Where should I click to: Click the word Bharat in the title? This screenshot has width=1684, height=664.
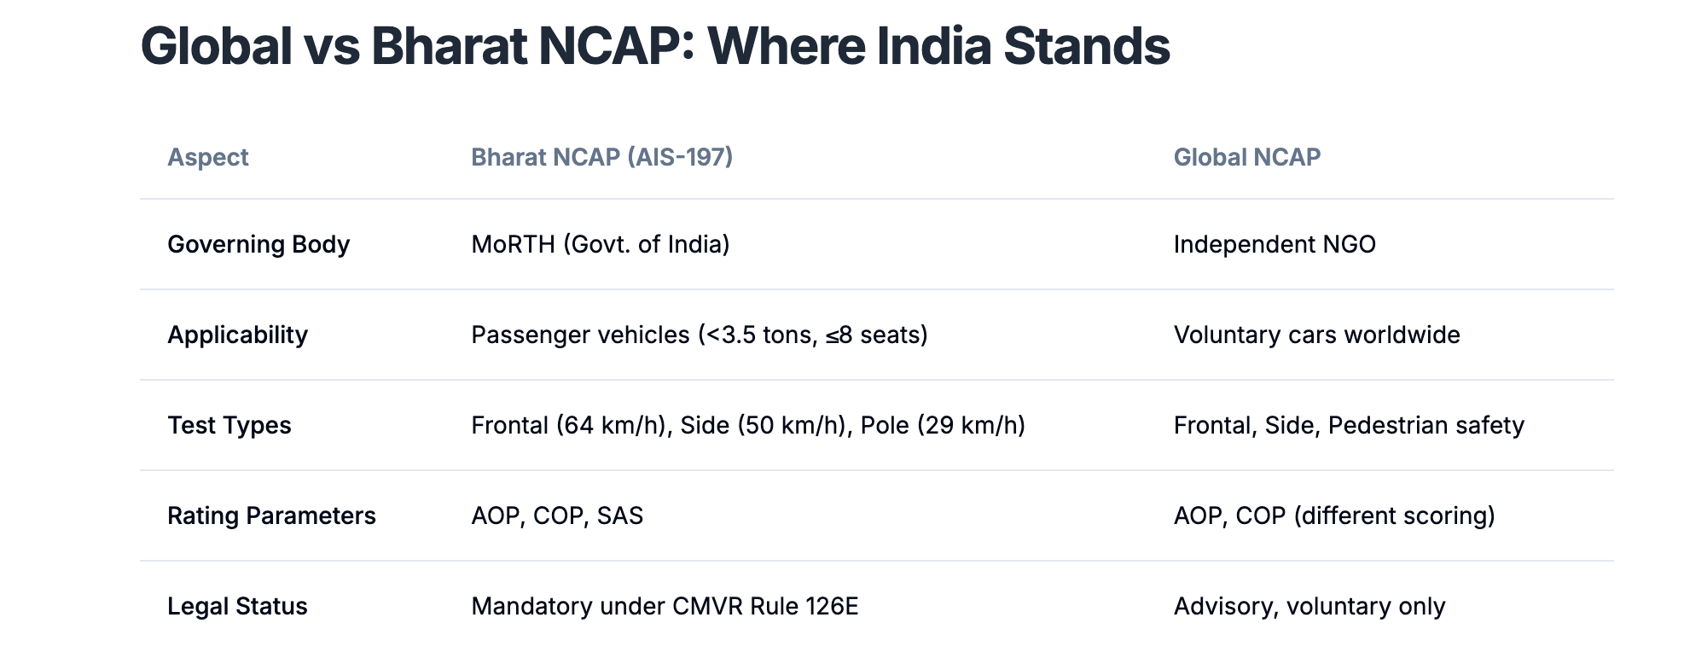449,46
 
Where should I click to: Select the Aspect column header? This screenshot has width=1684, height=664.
208,157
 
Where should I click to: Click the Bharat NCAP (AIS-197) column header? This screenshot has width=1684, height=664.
602,157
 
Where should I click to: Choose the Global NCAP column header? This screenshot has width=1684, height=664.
1247,157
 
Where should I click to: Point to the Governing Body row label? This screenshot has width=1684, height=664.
258,245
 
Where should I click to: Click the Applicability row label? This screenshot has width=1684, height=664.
237,335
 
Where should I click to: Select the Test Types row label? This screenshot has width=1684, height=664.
229,425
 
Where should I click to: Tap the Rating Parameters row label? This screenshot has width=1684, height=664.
271,515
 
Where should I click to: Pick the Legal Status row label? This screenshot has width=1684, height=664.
237,606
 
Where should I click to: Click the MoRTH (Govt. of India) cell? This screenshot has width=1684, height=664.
601,245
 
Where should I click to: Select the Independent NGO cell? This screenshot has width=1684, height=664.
1275,245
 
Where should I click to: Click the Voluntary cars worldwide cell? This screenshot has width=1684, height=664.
1317,335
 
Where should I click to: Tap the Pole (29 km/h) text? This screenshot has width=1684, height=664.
943,425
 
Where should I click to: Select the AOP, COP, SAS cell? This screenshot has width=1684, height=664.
557,515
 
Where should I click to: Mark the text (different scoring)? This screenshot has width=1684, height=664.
1394,515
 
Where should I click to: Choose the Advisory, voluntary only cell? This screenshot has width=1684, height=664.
1309,606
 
